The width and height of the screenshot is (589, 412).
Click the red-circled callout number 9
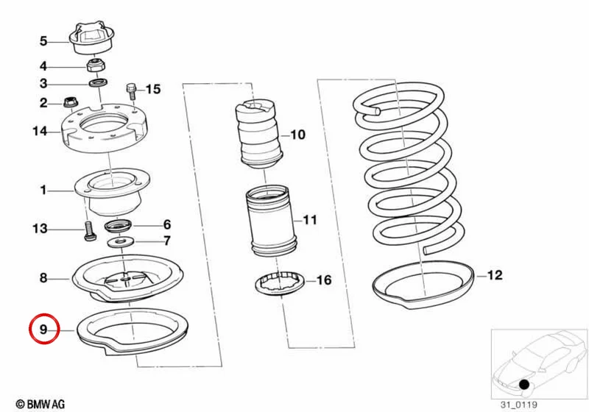point(43,330)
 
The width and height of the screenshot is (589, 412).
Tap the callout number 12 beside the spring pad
point(495,275)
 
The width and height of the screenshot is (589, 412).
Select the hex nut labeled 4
point(96,65)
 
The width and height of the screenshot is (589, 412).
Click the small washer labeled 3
point(99,82)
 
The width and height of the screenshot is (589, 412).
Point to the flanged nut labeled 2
point(69,102)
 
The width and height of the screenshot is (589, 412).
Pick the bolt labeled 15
point(132,91)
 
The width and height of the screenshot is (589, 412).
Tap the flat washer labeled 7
point(120,242)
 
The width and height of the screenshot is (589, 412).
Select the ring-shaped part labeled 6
point(119,227)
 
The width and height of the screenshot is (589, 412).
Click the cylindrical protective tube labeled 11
point(271,221)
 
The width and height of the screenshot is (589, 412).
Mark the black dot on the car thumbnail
point(524,384)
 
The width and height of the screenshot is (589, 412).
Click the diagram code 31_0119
point(519,405)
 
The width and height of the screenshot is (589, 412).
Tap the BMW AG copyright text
point(40,404)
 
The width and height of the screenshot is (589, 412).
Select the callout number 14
point(40,131)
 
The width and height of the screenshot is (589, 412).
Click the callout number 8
point(43,278)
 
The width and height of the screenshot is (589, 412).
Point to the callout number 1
point(43,191)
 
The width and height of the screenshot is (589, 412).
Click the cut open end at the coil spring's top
point(378,110)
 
